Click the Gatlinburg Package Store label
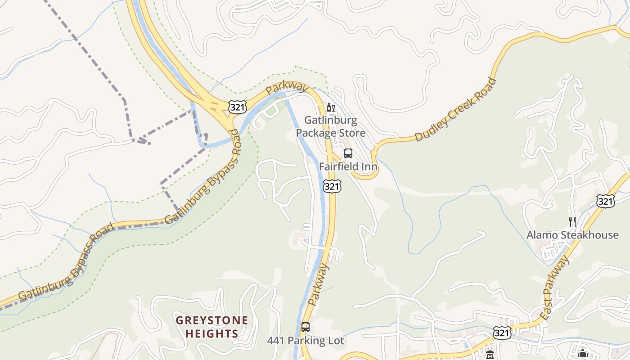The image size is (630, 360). click(x=330, y=126)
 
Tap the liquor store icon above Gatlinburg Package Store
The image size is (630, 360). click(x=330, y=108)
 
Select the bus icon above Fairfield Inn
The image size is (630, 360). click(x=348, y=153)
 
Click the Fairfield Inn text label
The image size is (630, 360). click(x=348, y=166)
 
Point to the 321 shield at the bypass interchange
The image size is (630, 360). click(x=237, y=107)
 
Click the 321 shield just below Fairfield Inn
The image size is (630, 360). click(x=332, y=186)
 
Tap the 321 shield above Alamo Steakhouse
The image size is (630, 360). click(x=605, y=201)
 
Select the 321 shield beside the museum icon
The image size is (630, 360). click(x=502, y=333)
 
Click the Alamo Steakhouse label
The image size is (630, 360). click(x=572, y=235)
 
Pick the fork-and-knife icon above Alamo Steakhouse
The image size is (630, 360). click(x=572, y=221)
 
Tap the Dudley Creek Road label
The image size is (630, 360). click(x=455, y=109)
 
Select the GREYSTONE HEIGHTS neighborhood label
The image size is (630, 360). click(x=211, y=327)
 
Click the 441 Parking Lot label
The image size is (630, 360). click(x=305, y=341)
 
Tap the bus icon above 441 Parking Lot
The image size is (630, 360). click(x=306, y=327)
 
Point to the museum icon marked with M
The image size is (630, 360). click(x=490, y=355)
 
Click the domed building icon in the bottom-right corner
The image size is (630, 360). click(x=583, y=354)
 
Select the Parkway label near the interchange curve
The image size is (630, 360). click(x=286, y=88)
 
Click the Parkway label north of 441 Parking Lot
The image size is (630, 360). click(x=319, y=285)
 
